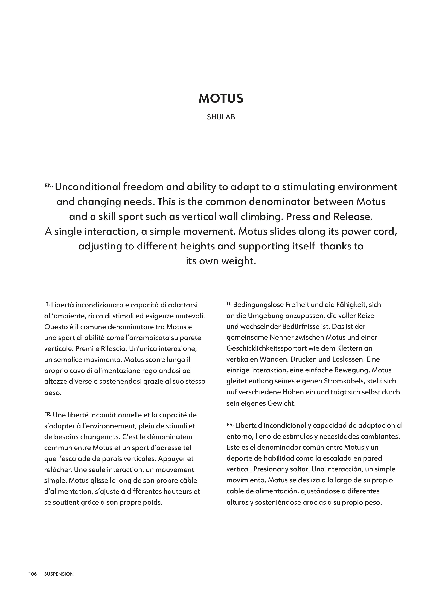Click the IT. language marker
pos(47,304)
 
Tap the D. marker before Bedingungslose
pos(229,303)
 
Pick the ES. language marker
pos(230,424)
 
